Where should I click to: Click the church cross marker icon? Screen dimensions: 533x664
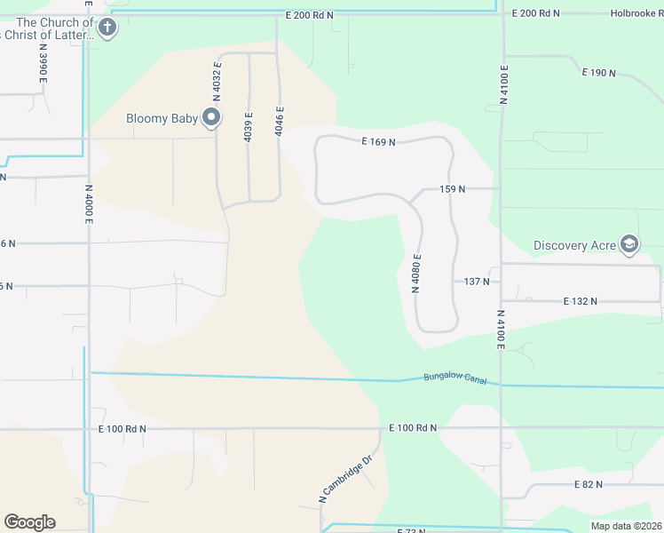pyautogui.click(x=107, y=28)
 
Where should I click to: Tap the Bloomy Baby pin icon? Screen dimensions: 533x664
pyautogui.click(x=211, y=117)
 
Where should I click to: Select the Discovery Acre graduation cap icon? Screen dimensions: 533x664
pyautogui.click(x=629, y=245)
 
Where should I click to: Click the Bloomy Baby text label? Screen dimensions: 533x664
pyautogui.click(x=162, y=117)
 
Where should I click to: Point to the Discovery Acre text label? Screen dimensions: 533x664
pyautogui.click(x=574, y=245)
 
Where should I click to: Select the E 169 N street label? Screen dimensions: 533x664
pyautogui.click(x=378, y=141)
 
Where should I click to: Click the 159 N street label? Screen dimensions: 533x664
pyautogui.click(x=453, y=189)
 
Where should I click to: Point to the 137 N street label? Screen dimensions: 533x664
pyautogui.click(x=477, y=282)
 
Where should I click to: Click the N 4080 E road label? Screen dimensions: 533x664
pyautogui.click(x=415, y=273)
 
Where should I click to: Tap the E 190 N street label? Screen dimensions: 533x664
pyautogui.click(x=598, y=73)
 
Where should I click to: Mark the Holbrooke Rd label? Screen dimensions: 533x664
pyautogui.click(x=636, y=13)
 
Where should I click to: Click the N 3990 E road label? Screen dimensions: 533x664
pyautogui.click(x=43, y=67)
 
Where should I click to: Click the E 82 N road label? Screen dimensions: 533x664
pyautogui.click(x=588, y=484)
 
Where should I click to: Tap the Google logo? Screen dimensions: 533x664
pyautogui.click(x=29, y=522)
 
